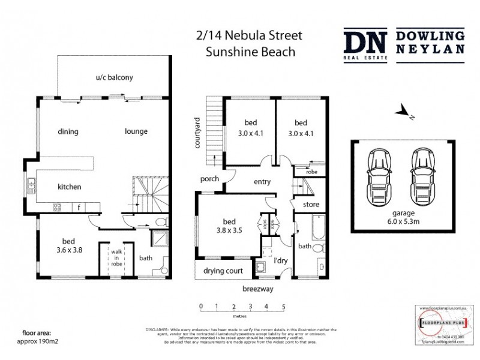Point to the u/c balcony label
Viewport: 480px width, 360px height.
point(114,77)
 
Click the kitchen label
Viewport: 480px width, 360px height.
point(69,187)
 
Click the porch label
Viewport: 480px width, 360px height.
point(210,179)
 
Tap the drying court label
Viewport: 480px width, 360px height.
point(223,271)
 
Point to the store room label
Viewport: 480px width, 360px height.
point(311,205)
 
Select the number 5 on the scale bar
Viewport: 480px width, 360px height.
point(283,306)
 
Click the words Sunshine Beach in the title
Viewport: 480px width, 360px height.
point(250,52)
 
